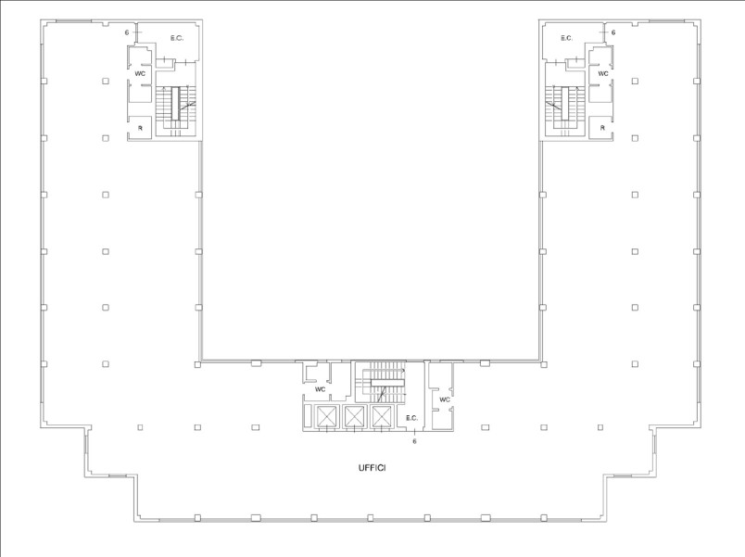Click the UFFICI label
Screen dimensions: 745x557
(372, 468)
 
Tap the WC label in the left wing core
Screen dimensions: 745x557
(140, 73)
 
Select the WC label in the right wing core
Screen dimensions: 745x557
(603, 73)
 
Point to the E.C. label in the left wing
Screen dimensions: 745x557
(177, 39)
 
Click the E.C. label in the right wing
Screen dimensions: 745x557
(566, 39)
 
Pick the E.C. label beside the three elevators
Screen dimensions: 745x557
(412, 418)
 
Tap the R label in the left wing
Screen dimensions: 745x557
(140, 128)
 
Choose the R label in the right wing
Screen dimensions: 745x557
(602, 128)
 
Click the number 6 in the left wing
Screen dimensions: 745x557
(127, 32)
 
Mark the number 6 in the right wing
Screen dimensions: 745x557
(613, 32)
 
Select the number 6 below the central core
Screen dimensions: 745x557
(414, 441)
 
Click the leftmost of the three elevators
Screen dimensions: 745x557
(326, 417)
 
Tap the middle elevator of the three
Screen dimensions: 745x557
(353, 417)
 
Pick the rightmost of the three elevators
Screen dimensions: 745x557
(381, 417)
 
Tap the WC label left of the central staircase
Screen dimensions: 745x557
(321, 389)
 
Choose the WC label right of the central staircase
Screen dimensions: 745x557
(444, 399)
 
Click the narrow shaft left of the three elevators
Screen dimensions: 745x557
(308, 417)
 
